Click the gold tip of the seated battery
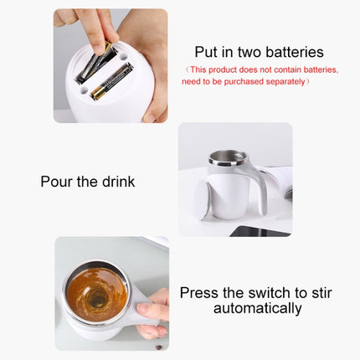click(95, 94)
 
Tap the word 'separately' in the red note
click(283, 81)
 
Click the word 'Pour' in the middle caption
click(56, 181)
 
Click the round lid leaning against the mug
click(203, 201)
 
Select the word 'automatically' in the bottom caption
click(257, 309)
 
